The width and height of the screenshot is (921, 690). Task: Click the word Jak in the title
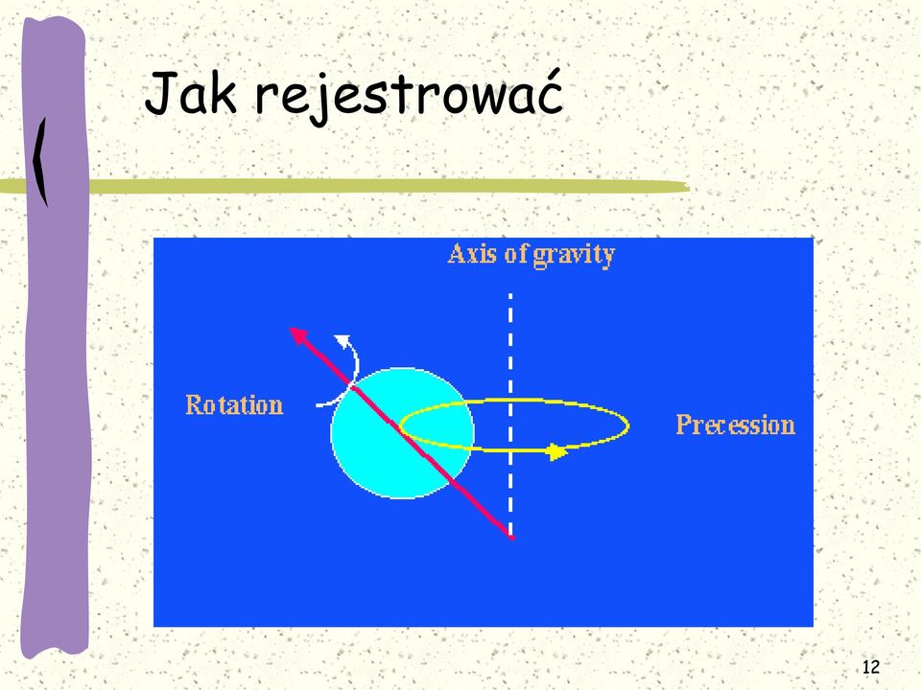point(191,93)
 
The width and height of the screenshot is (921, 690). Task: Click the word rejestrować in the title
point(410,96)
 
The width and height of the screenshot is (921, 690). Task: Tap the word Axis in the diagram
point(473,254)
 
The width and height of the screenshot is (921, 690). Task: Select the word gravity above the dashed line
point(574,256)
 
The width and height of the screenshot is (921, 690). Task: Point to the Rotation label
point(234,404)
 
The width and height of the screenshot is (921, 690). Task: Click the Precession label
point(736,425)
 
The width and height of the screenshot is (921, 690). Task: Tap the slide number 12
point(871,667)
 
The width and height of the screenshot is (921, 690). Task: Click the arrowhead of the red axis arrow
point(298,335)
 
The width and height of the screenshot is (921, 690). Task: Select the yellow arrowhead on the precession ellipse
point(556,451)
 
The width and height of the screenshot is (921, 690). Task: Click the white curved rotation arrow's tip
point(342,338)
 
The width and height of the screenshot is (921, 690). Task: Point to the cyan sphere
point(402,433)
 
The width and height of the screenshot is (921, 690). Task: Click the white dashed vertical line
point(510,414)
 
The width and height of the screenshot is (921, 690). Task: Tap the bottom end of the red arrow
point(511,537)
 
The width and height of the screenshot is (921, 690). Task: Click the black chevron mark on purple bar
point(40,162)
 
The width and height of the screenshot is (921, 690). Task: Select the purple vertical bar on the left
point(55,336)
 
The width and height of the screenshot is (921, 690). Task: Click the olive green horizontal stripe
point(344,187)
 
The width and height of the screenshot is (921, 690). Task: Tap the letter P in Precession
point(683,424)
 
